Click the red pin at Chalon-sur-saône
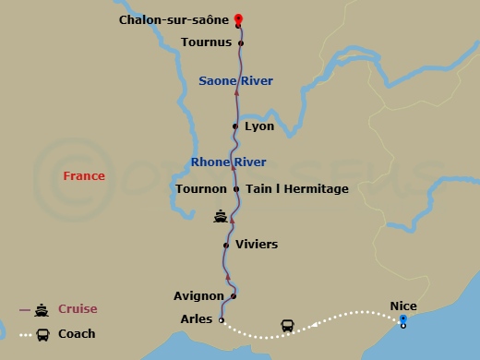[x=238, y=19]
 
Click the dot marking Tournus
[x=241, y=42]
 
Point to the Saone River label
[x=235, y=81]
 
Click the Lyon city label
[x=259, y=126]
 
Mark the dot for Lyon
[x=236, y=126]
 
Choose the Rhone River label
[x=228, y=162]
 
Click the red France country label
[x=84, y=175]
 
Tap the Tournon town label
[x=201, y=189]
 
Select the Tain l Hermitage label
[x=296, y=189]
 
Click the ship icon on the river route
[x=221, y=217]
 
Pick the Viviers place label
[x=257, y=245]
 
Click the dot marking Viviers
[x=226, y=245]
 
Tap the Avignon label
[x=198, y=296]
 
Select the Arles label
[x=196, y=320]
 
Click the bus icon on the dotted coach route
[x=287, y=326]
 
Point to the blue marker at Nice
[x=402, y=319]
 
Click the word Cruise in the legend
[x=78, y=309]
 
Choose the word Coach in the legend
[x=77, y=334]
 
